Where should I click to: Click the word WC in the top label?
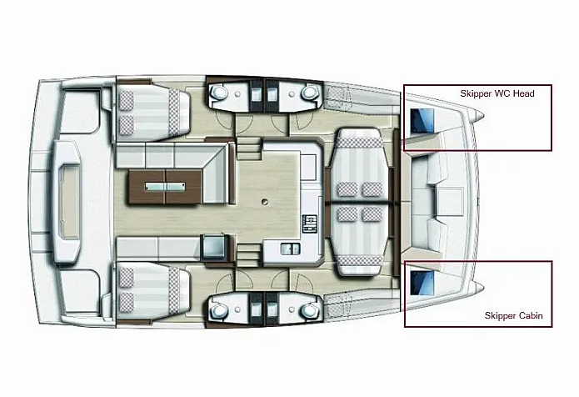502,94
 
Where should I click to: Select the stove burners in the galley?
310,222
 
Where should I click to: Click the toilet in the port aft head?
221,95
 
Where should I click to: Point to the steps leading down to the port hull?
247,150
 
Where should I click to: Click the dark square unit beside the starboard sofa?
212,246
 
